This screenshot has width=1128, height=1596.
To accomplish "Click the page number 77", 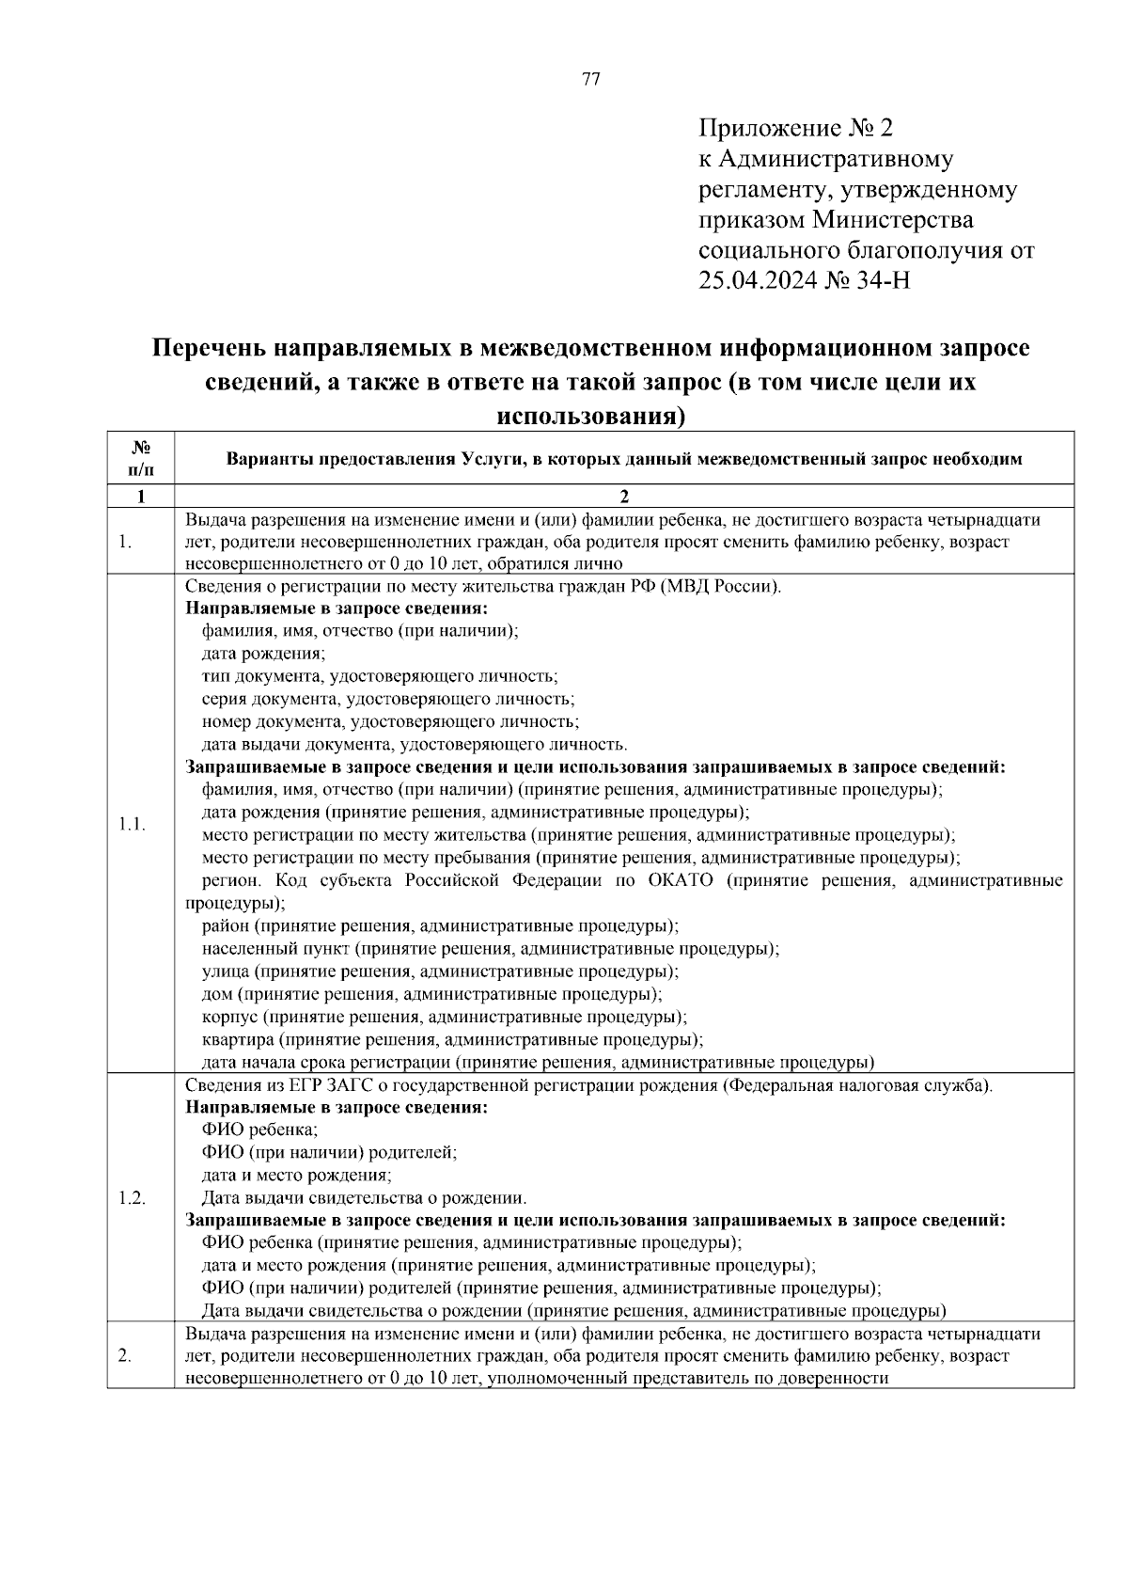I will (591, 79).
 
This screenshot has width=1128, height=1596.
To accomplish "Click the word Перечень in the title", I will (209, 349).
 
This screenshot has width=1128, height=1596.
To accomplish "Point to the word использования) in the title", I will (590, 415).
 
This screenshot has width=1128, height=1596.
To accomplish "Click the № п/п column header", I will (140, 458).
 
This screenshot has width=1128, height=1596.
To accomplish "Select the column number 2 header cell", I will (623, 497).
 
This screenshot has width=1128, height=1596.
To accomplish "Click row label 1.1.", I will (131, 824).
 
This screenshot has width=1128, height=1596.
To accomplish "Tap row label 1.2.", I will (132, 1198).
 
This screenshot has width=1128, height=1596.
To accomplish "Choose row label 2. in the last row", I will (125, 1355).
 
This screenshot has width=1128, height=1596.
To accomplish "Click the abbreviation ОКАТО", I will (681, 881).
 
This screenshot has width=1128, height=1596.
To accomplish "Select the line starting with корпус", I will (444, 1018).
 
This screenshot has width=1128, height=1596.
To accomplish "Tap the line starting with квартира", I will (452, 1040).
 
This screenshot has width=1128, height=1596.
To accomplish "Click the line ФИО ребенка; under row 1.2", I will (259, 1130).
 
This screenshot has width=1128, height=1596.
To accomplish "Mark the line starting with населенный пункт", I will (490, 949).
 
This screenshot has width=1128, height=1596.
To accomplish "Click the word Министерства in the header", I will (893, 220).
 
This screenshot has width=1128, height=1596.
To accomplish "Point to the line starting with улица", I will (440, 972).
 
